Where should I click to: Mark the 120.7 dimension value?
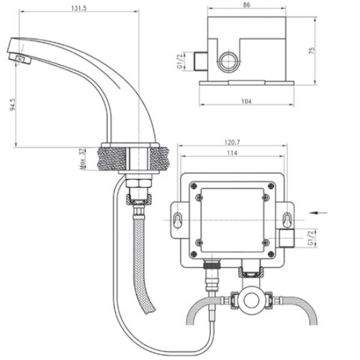pyautogui.click(x=232, y=143)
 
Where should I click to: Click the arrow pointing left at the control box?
pyautogui.click(x=320, y=211)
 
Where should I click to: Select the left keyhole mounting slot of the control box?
pyautogui.click(x=178, y=220)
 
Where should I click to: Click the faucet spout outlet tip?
pyautogui.click(x=23, y=59)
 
